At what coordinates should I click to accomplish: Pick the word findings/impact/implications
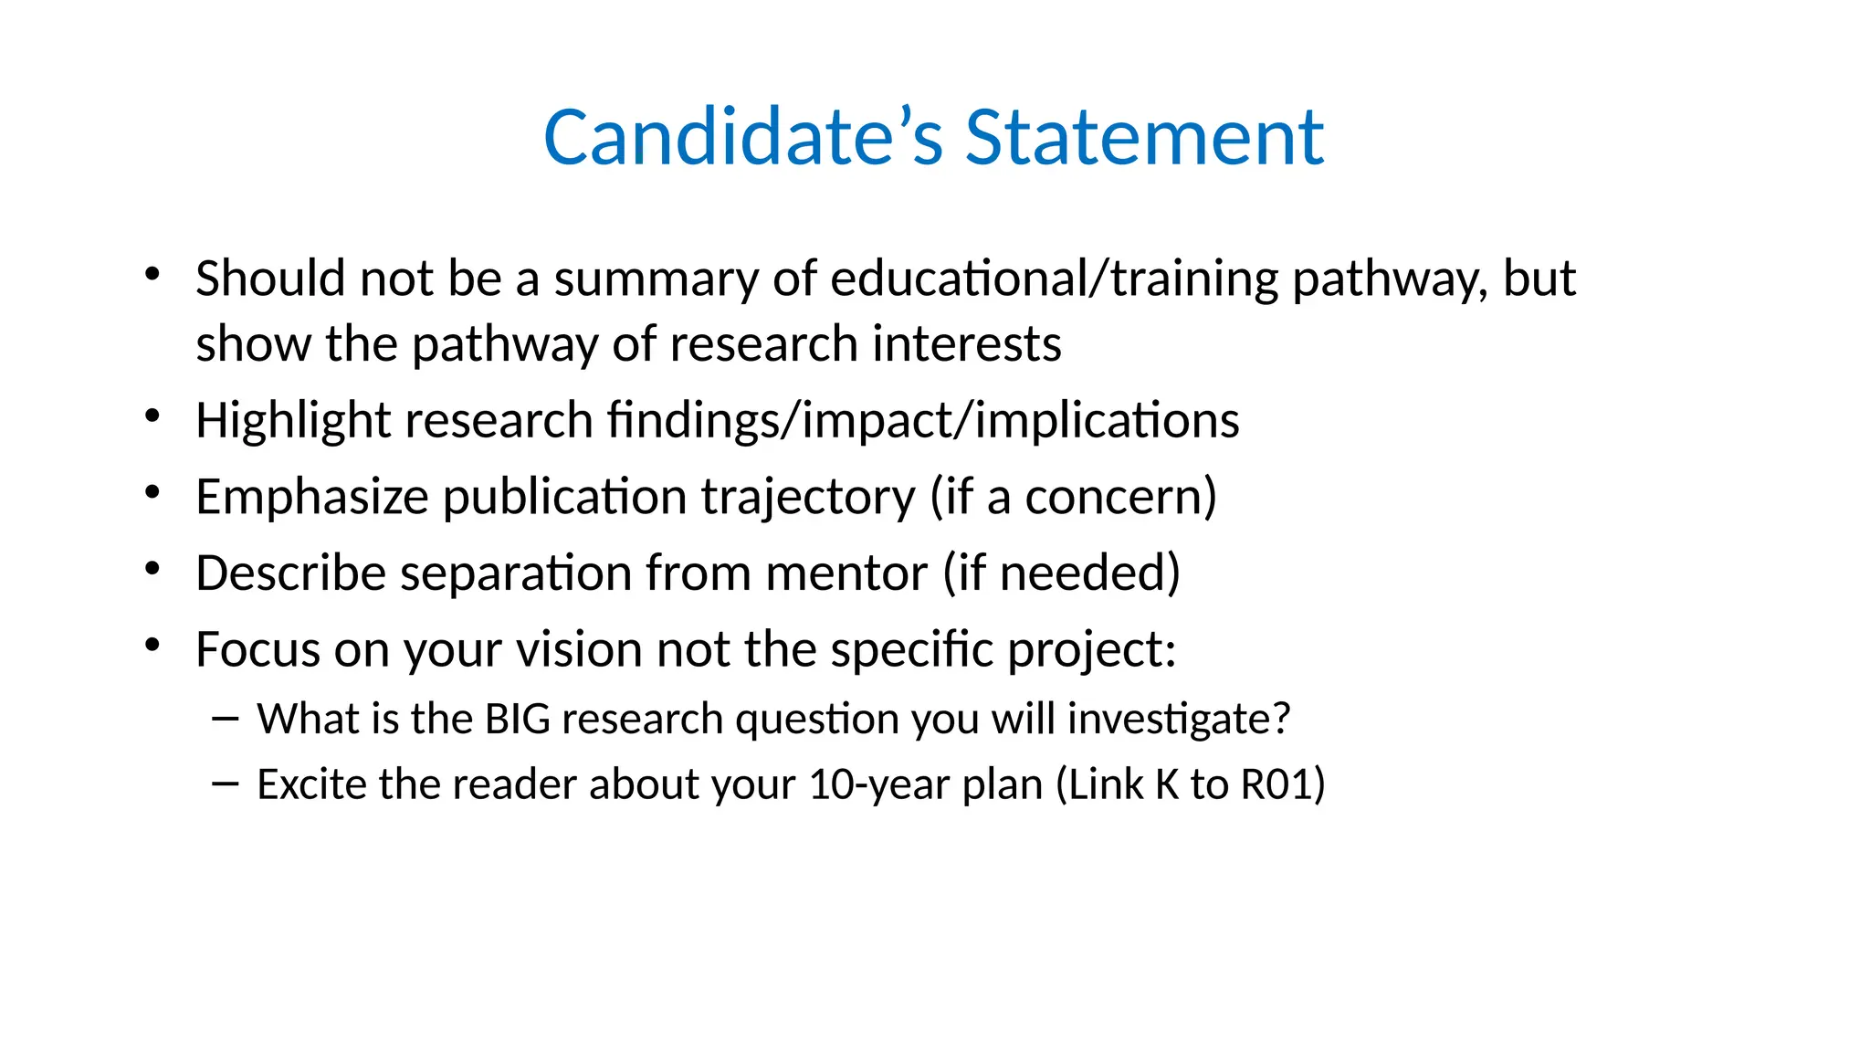pos(923,421)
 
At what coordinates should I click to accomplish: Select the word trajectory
pos(808,499)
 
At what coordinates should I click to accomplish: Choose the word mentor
pos(846,573)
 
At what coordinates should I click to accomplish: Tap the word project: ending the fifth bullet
pos(1092,651)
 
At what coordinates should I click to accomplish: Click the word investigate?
pos(1179,719)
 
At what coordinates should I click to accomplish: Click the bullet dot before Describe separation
pos(152,570)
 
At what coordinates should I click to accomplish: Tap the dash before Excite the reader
pos(225,784)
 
